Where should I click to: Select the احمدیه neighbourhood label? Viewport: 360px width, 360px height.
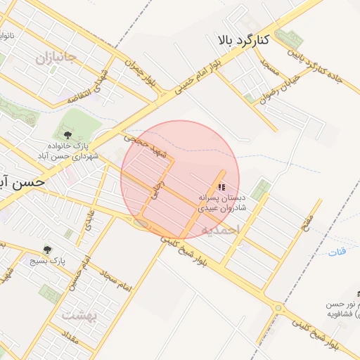220,229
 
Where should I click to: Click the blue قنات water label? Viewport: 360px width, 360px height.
338,252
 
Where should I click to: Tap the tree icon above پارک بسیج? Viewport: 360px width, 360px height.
48,249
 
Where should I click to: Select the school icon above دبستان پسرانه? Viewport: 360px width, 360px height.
222,187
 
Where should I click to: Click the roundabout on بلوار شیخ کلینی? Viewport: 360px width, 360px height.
279,307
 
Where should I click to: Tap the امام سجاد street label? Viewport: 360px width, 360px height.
116,281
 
